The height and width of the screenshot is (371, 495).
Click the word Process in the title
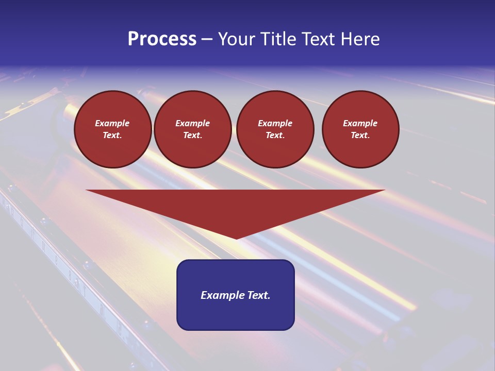pos(162,39)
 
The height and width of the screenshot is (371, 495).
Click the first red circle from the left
pos(112,129)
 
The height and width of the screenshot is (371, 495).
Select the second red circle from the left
pos(193,129)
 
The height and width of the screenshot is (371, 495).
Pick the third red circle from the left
pos(275,129)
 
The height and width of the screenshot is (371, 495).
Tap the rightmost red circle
pos(360,129)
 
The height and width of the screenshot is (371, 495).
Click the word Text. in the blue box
pos(258,295)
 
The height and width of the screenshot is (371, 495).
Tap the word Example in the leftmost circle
pos(112,123)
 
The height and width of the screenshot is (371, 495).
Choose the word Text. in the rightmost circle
pos(360,135)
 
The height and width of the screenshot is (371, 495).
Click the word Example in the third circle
pos(275,123)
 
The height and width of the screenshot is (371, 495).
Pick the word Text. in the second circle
pos(193,135)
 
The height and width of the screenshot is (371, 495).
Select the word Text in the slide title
pos(317,39)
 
